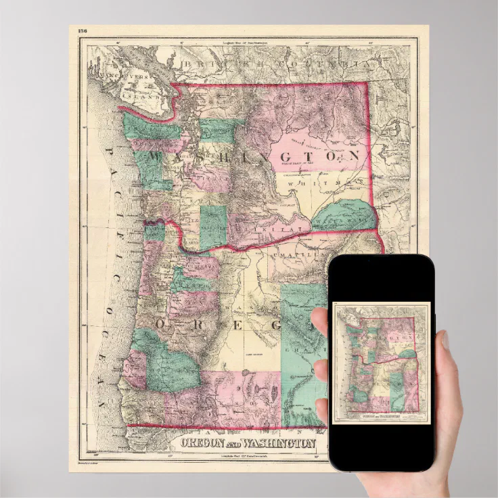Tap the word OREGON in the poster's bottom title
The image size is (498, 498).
point(202,444)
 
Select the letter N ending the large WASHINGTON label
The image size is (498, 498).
point(353,156)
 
